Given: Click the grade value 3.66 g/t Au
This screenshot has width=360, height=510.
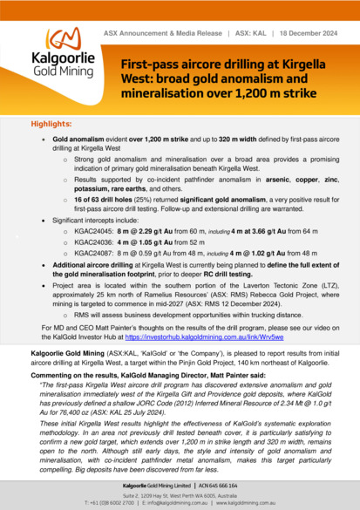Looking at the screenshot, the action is coord(249,231).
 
